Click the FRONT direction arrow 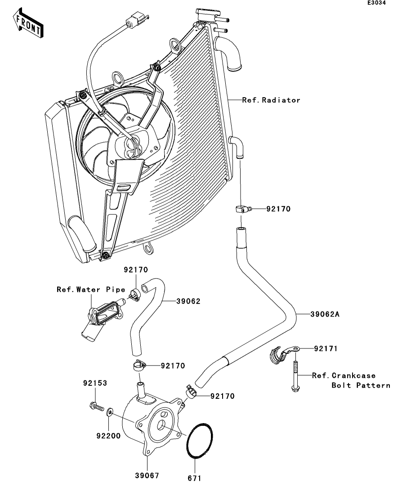[28, 23]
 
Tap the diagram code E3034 [376, 3]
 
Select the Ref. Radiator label [271, 100]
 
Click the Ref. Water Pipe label [91, 290]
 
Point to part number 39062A [325, 314]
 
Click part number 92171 [326, 349]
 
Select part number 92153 [95, 383]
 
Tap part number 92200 [108, 436]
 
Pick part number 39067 [147, 475]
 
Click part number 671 [195, 478]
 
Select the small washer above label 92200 [109, 411]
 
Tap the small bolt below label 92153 [97, 407]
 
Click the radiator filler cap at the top [208, 14]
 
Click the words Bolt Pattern [361, 385]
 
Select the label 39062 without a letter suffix [188, 301]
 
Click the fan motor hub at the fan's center [131, 146]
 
